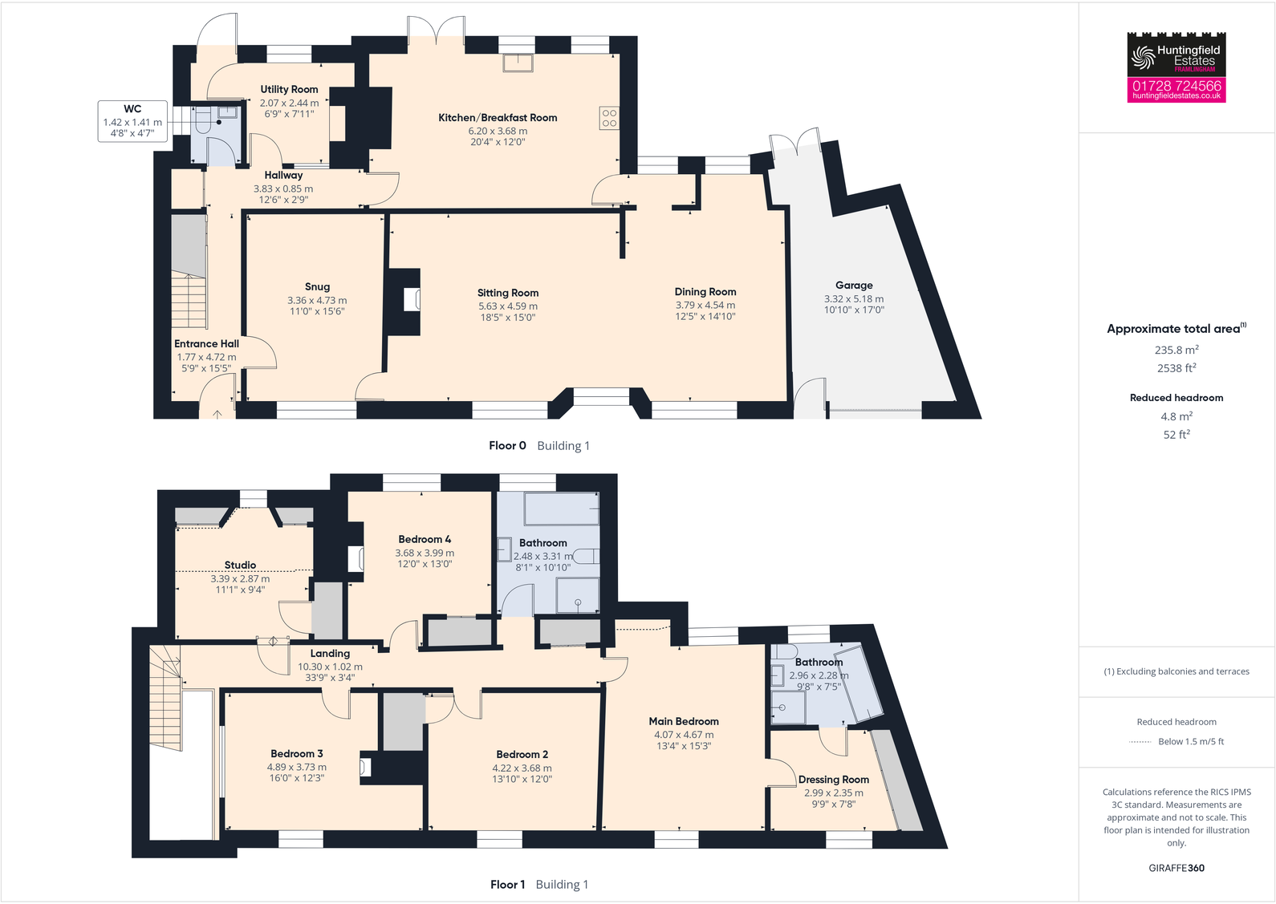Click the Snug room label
pyautogui.click(x=317, y=286)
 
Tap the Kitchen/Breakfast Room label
pyautogui.click(x=498, y=117)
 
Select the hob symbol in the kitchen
pyautogui.click(x=609, y=118)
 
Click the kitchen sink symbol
pyautogui.click(x=518, y=63)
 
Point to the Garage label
pyautogui.click(x=854, y=285)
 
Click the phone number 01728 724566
pyautogui.click(x=1176, y=85)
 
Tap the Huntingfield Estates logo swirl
pyautogui.click(x=1142, y=56)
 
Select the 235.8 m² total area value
pyautogui.click(x=1176, y=350)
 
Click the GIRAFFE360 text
pyautogui.click(x=1176, y=868)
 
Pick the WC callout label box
pyautogui.click(x=132, y=120)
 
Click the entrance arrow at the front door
pyautogui.click(x=217, y=414)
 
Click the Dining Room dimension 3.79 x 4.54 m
pyautogui.click(x=705, y=305)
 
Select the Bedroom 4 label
pyautogui.click(x=425, y=539)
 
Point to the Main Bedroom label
pyautogui.click(x=684, y=721)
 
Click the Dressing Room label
pyautogui.click(x=834, y=779)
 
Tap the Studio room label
pyautogui.click(x=240, y=565)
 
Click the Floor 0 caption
pyautogui.click(x=507, y=446)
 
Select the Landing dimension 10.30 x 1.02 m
pyautogui.click(x=330, y=667)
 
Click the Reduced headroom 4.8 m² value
pyautogui.click(x=1176, y=416)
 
